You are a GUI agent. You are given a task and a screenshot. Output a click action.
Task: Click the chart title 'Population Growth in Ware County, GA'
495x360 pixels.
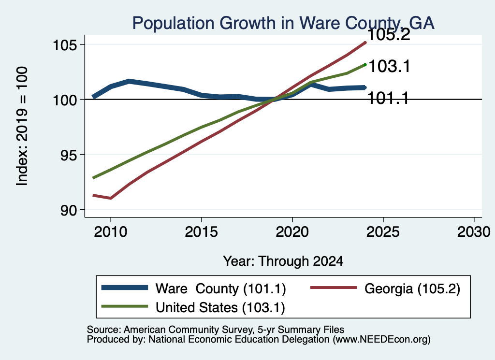click(283, 24)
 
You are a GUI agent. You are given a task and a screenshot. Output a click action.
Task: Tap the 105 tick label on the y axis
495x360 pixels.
click(65, 45)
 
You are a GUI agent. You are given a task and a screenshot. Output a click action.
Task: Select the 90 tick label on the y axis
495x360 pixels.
click(69, 210)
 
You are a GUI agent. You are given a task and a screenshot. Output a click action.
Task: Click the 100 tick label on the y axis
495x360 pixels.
click(65, 101)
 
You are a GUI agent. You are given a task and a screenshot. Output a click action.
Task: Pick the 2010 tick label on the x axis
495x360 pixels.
click(111, 232)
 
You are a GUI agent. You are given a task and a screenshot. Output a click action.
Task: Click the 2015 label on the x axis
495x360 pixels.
click(202, 232)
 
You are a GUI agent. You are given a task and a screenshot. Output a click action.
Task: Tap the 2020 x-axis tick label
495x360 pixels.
click(292, 232)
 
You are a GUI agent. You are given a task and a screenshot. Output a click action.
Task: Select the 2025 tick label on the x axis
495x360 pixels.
click(383, 232)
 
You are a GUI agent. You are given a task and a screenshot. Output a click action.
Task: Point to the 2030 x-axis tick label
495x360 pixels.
click(474, 232)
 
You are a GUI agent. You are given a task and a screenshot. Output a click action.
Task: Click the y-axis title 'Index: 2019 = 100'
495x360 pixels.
click(22, 126)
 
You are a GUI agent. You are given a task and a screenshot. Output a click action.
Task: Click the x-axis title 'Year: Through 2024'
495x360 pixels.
click(283, 261)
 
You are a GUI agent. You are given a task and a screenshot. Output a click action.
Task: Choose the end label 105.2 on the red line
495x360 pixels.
click(389, 35)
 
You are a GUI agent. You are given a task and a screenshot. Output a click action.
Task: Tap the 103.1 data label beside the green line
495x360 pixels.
click(390, 66)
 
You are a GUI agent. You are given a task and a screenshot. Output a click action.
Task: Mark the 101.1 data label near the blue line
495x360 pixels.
click(388, 98)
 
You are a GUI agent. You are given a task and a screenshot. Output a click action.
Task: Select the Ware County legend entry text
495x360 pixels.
click(220, 288)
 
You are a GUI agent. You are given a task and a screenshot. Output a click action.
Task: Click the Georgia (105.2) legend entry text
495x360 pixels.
click(412, 288)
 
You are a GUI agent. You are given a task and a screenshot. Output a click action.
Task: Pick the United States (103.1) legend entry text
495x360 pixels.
click(220, 308)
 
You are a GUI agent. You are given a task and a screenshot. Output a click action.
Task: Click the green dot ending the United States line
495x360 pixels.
click(365, 65)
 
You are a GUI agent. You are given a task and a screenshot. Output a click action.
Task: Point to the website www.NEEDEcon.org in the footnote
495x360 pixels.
click(380, 340)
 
